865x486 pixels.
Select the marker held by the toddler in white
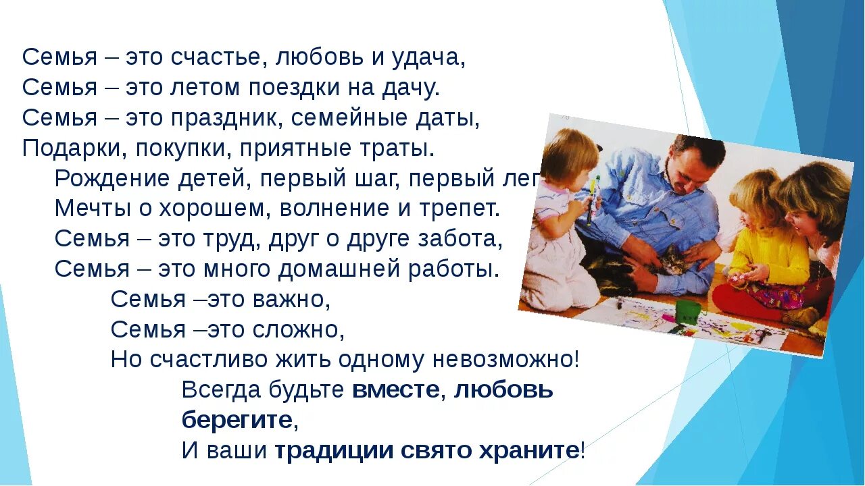593,199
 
